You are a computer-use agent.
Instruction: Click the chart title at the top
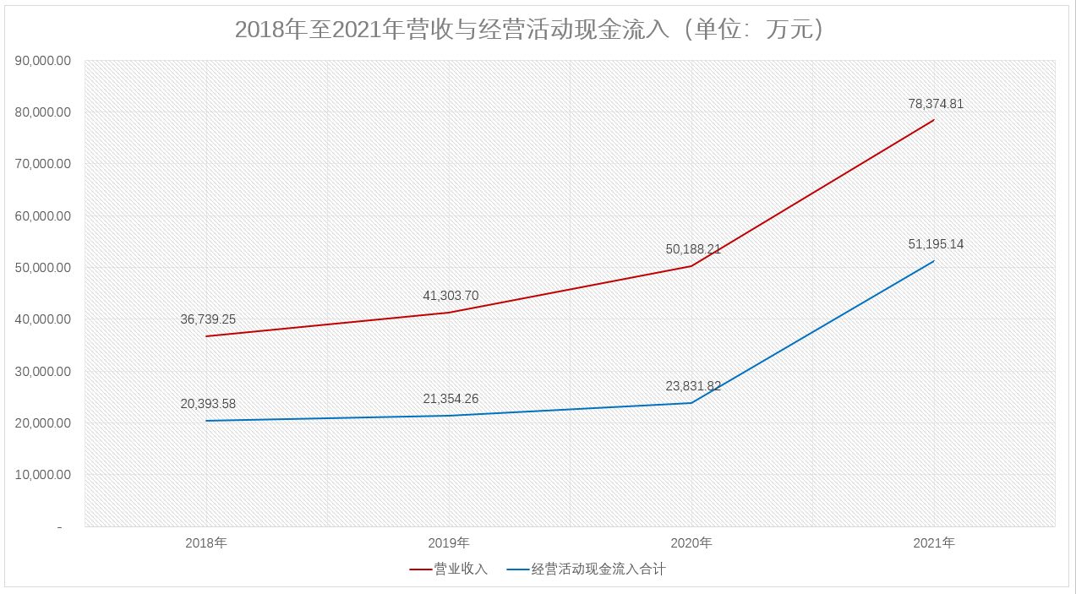(529, 30)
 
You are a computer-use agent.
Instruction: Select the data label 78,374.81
(934, 104)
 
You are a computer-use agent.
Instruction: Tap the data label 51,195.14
(934, 244)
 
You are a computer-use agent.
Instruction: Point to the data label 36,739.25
(208, 319)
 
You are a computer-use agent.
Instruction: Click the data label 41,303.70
(451, 296)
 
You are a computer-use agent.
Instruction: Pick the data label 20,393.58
(208, 404)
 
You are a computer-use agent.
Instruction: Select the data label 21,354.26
(451, 399)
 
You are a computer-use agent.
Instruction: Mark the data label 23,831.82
(693, 386)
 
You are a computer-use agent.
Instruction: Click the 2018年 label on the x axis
(207, 542)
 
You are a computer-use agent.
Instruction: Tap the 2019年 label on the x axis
(450, 542)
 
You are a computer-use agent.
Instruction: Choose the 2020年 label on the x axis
(692, 542)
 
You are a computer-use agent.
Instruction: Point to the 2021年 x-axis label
(934, 542)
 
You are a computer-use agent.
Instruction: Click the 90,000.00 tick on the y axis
(43, 61)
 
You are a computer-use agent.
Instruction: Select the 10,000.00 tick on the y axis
(43, 475)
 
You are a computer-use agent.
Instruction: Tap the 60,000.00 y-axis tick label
(43, 216)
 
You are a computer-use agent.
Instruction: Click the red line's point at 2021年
(934, 120)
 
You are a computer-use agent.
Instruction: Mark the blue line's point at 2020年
(692, 402)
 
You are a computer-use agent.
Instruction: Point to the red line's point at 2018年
(207, 336)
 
